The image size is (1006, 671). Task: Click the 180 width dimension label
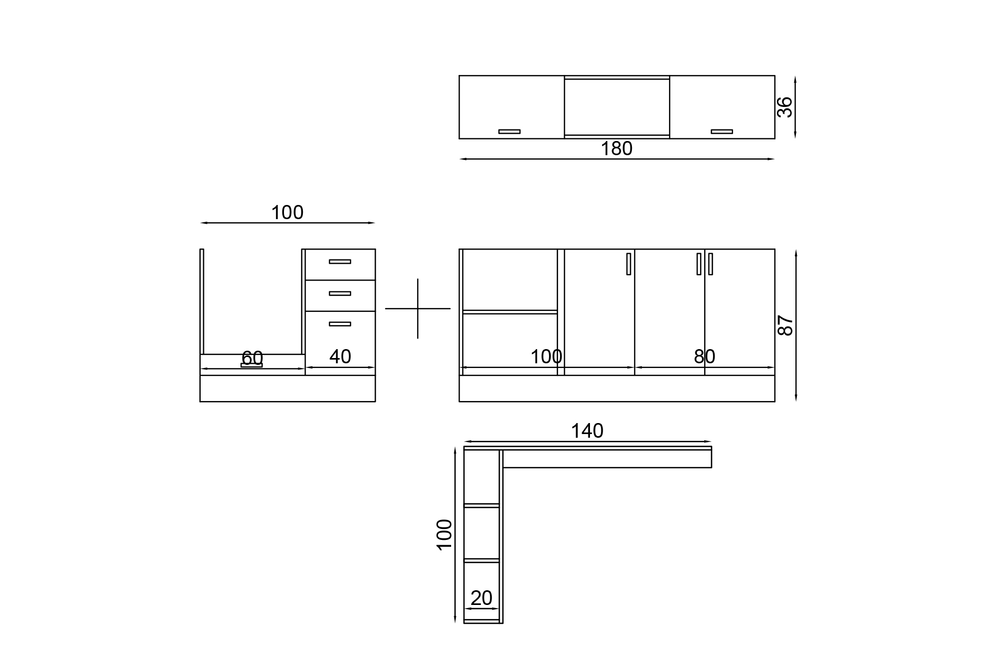(x=616, y=149)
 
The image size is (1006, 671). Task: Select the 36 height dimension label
(x=785, y=107)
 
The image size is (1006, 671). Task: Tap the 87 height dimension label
(x=785, y=326)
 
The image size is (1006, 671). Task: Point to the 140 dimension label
(x=587, y=431)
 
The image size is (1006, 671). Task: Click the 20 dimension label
(x=481, y=598)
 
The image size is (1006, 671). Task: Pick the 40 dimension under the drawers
(x=340, y=356)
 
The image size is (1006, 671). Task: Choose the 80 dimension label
(x=704, y=356)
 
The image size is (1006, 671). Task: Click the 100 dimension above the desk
(x=287, y=212)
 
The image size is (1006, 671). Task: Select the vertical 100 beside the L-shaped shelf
(x=444, y=535)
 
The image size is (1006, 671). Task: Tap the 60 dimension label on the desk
(x=252, y=358)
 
